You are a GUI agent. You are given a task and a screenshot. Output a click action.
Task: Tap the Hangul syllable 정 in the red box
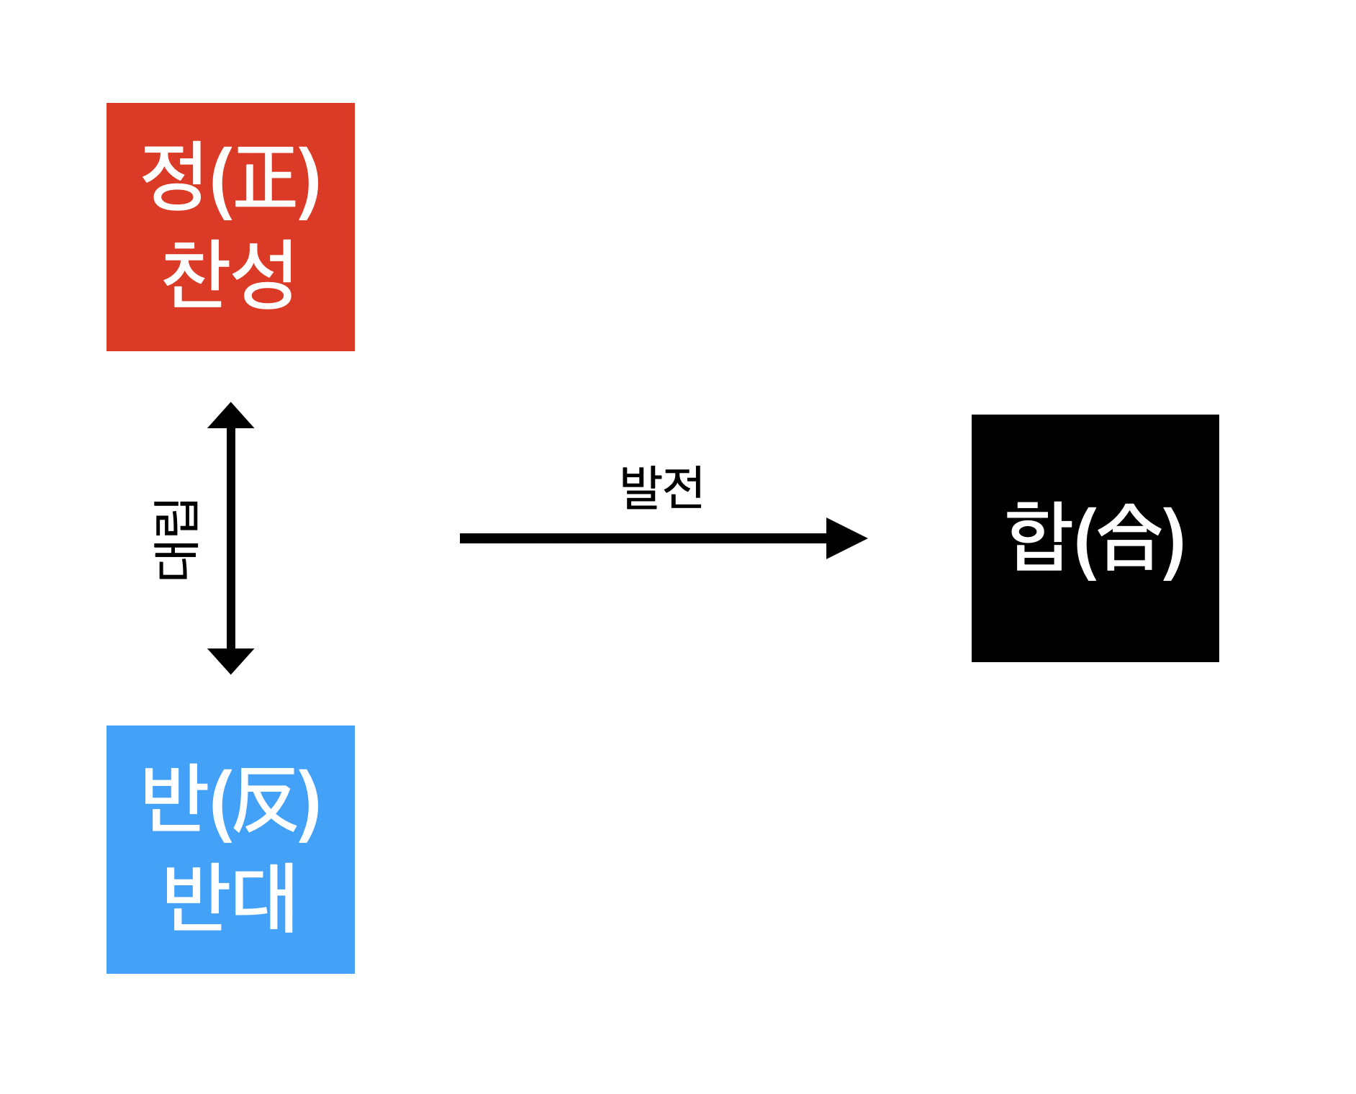click(173, 177)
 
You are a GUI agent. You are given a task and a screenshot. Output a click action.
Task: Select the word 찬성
click(230, 274)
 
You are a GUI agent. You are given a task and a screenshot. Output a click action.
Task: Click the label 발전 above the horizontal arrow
click(661, 488)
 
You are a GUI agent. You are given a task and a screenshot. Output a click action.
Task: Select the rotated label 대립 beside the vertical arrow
click(176, 540)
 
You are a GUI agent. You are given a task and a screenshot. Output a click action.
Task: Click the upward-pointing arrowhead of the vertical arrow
click(231, 417)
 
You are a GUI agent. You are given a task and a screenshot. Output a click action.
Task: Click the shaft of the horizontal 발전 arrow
click(641, 538)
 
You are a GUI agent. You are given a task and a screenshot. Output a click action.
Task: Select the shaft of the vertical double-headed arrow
click(231, 538)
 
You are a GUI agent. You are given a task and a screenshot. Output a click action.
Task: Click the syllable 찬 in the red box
click(195, 274)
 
